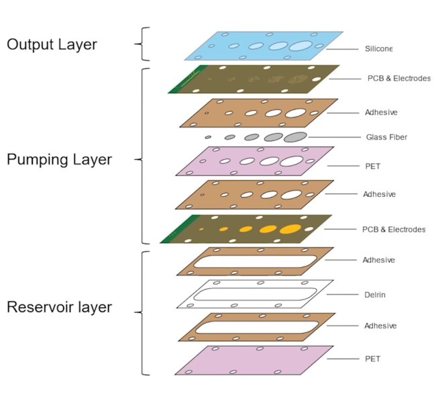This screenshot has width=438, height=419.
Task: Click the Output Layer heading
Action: (52, 45)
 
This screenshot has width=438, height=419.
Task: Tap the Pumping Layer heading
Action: (59, 160)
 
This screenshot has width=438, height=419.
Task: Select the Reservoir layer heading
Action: (59, 307)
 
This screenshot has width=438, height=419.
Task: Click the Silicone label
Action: (378, 48)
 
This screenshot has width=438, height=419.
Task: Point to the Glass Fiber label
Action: (386, 137)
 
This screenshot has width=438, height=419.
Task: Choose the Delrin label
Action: (375, 295)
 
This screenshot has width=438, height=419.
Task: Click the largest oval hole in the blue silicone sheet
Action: (300, 46)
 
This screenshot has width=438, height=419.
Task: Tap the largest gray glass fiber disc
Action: (295, 137)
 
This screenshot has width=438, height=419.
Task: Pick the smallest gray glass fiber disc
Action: (208, 138)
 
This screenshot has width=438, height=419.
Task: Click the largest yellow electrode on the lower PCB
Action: (290, 229)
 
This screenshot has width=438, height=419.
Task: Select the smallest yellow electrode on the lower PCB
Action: (201, 229)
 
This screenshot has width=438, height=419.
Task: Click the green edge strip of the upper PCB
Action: (188, 79)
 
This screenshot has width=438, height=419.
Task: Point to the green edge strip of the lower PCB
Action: (180, 229)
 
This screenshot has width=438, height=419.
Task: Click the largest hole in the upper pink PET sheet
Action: (292, 161)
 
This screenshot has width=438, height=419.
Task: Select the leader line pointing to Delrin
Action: (343, 295)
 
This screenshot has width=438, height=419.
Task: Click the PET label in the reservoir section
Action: (373, 359)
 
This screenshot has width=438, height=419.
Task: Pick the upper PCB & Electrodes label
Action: (399, 79)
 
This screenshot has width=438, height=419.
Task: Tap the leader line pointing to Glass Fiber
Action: (334, 137)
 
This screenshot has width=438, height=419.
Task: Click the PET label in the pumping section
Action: (373, 167)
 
